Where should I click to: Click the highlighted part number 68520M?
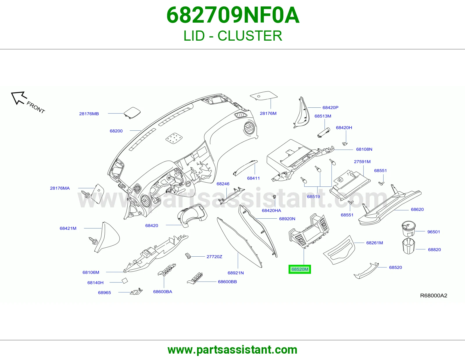(x=300, y=269)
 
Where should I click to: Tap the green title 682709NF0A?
(x=233, y=15)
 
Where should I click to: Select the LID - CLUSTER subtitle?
(x=233, y=36)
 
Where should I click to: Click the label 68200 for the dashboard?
(x=116, y=131)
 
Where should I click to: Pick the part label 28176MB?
(x=89, y=114)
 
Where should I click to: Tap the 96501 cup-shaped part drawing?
(x=409, y=229)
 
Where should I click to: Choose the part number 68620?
(x=417, y=210)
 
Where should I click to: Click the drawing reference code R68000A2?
(x=434, y=296)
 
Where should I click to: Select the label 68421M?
(x=68, y=228)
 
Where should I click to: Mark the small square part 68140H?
(x=125, y=281)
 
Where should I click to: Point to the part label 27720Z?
(x=214, y=257)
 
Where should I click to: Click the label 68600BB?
(x=228, y=282)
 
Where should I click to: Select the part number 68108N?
(x=364, y=149)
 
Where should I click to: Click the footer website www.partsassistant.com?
(x=233, y=350)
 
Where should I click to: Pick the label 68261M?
(x=375, y=243)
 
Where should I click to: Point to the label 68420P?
(x=330, y=107)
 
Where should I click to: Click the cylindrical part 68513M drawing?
(x=323, y=133)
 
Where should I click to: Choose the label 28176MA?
(x=60, y=188)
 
